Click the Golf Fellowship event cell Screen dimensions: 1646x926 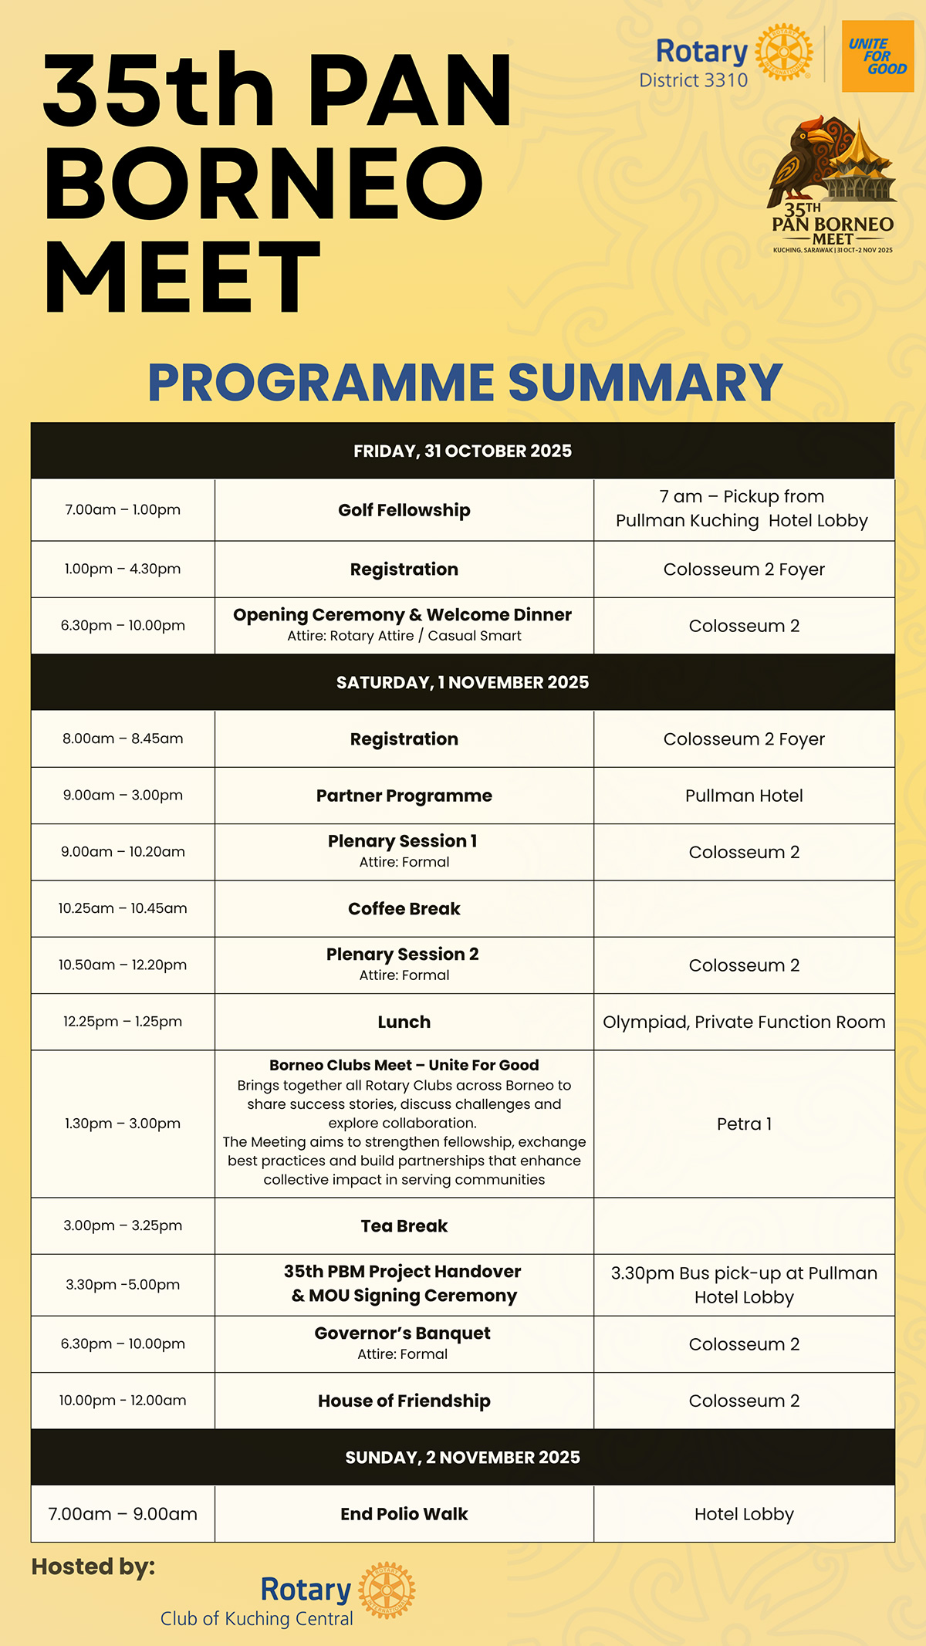[x=404, y=510]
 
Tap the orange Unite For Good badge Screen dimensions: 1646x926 [x=877, y=56]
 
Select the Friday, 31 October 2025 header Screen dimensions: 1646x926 [x=462, y=451]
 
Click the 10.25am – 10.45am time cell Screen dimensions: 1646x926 [x=123, y=908]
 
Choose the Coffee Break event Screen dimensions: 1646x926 [x=404, y=909]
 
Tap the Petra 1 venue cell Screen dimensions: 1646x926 [x=744, y=1124]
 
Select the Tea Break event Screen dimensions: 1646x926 [x=404, y=1226]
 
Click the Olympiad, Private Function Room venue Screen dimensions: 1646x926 [x=744, y=1022]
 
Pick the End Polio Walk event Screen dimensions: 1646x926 [x=404, y=1514]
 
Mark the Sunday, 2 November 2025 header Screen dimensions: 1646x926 [x=462, y=1457]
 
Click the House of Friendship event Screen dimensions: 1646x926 [x=404, y=1401]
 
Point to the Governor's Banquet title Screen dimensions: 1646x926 [x=402, y=1333]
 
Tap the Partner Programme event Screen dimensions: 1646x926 [x=404, y=796]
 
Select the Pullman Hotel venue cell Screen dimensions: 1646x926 [x=744, y=796]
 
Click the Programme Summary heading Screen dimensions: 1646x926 [x=465, y=383]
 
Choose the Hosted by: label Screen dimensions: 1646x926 [x=93, y=1567]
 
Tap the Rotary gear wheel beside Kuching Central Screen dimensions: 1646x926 [x=387, y=1590]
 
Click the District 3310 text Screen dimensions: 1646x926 [x=693, y=80]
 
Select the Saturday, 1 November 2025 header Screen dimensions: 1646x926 [x=462, y=682]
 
